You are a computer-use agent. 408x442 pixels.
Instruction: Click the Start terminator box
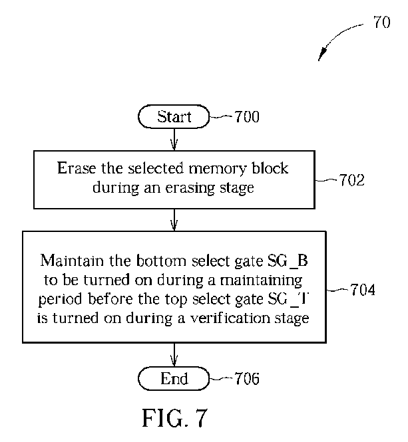tap(174, 117)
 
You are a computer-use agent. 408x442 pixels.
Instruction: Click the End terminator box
tap(174, 379)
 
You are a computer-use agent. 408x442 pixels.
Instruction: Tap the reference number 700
tap(246, 118)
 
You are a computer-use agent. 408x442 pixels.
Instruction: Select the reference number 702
tap(351, 180)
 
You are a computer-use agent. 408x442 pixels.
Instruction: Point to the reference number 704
tap(361, 290)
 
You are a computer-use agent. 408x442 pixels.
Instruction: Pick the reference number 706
tap(246, 379)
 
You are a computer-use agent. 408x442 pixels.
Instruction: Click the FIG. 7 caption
tap(175, 417)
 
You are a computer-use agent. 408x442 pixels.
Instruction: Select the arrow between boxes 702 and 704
tap(174, 219)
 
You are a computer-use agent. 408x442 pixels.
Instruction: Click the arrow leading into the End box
tap(174, 354)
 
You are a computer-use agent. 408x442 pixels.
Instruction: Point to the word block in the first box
tap(272, 168)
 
